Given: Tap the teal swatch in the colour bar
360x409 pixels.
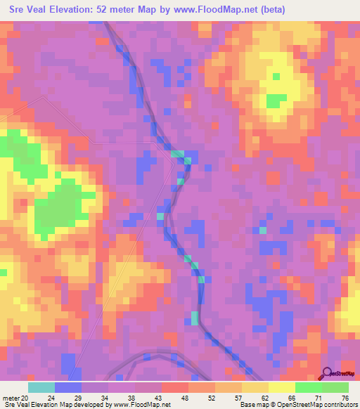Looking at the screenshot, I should [41, 387].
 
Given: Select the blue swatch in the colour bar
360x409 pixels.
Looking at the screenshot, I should [68, 387].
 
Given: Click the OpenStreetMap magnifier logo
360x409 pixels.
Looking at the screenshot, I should [328, 372].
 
